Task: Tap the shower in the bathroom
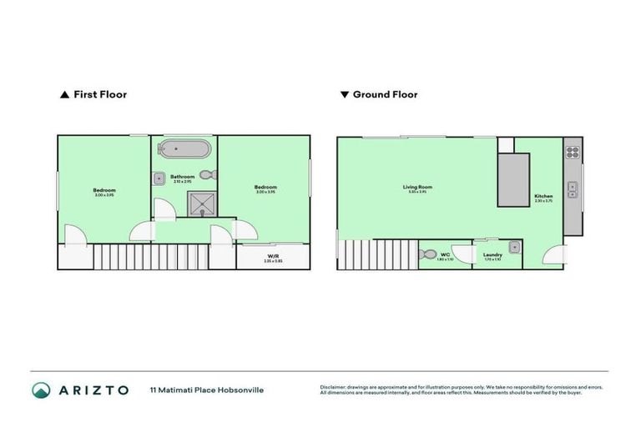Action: click(200, 203)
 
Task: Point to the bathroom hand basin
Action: click(159, 177)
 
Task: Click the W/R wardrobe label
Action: click(273, 256)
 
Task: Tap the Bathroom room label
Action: click(182, 176)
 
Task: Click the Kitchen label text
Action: click(543, 197)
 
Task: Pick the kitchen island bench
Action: click(513, 179)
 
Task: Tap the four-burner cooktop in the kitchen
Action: click(573, 153)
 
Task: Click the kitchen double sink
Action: click(573, 189)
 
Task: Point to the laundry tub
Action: click(516, 247)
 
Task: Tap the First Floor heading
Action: click(100, 95)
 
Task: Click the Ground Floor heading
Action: click(385, 95)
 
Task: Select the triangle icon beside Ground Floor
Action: click(344, 95)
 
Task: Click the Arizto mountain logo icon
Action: click(40, 389)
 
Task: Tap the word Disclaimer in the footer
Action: click(334, 387)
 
